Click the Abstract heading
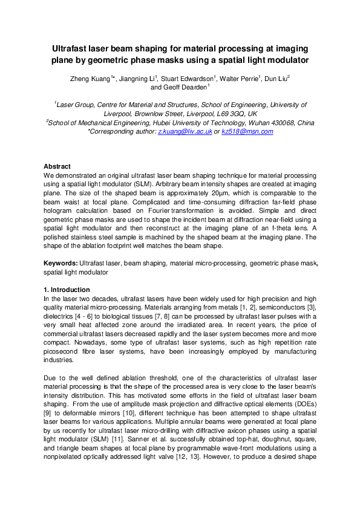click(x=57, y=166)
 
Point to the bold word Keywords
click(x=60, y=264)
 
